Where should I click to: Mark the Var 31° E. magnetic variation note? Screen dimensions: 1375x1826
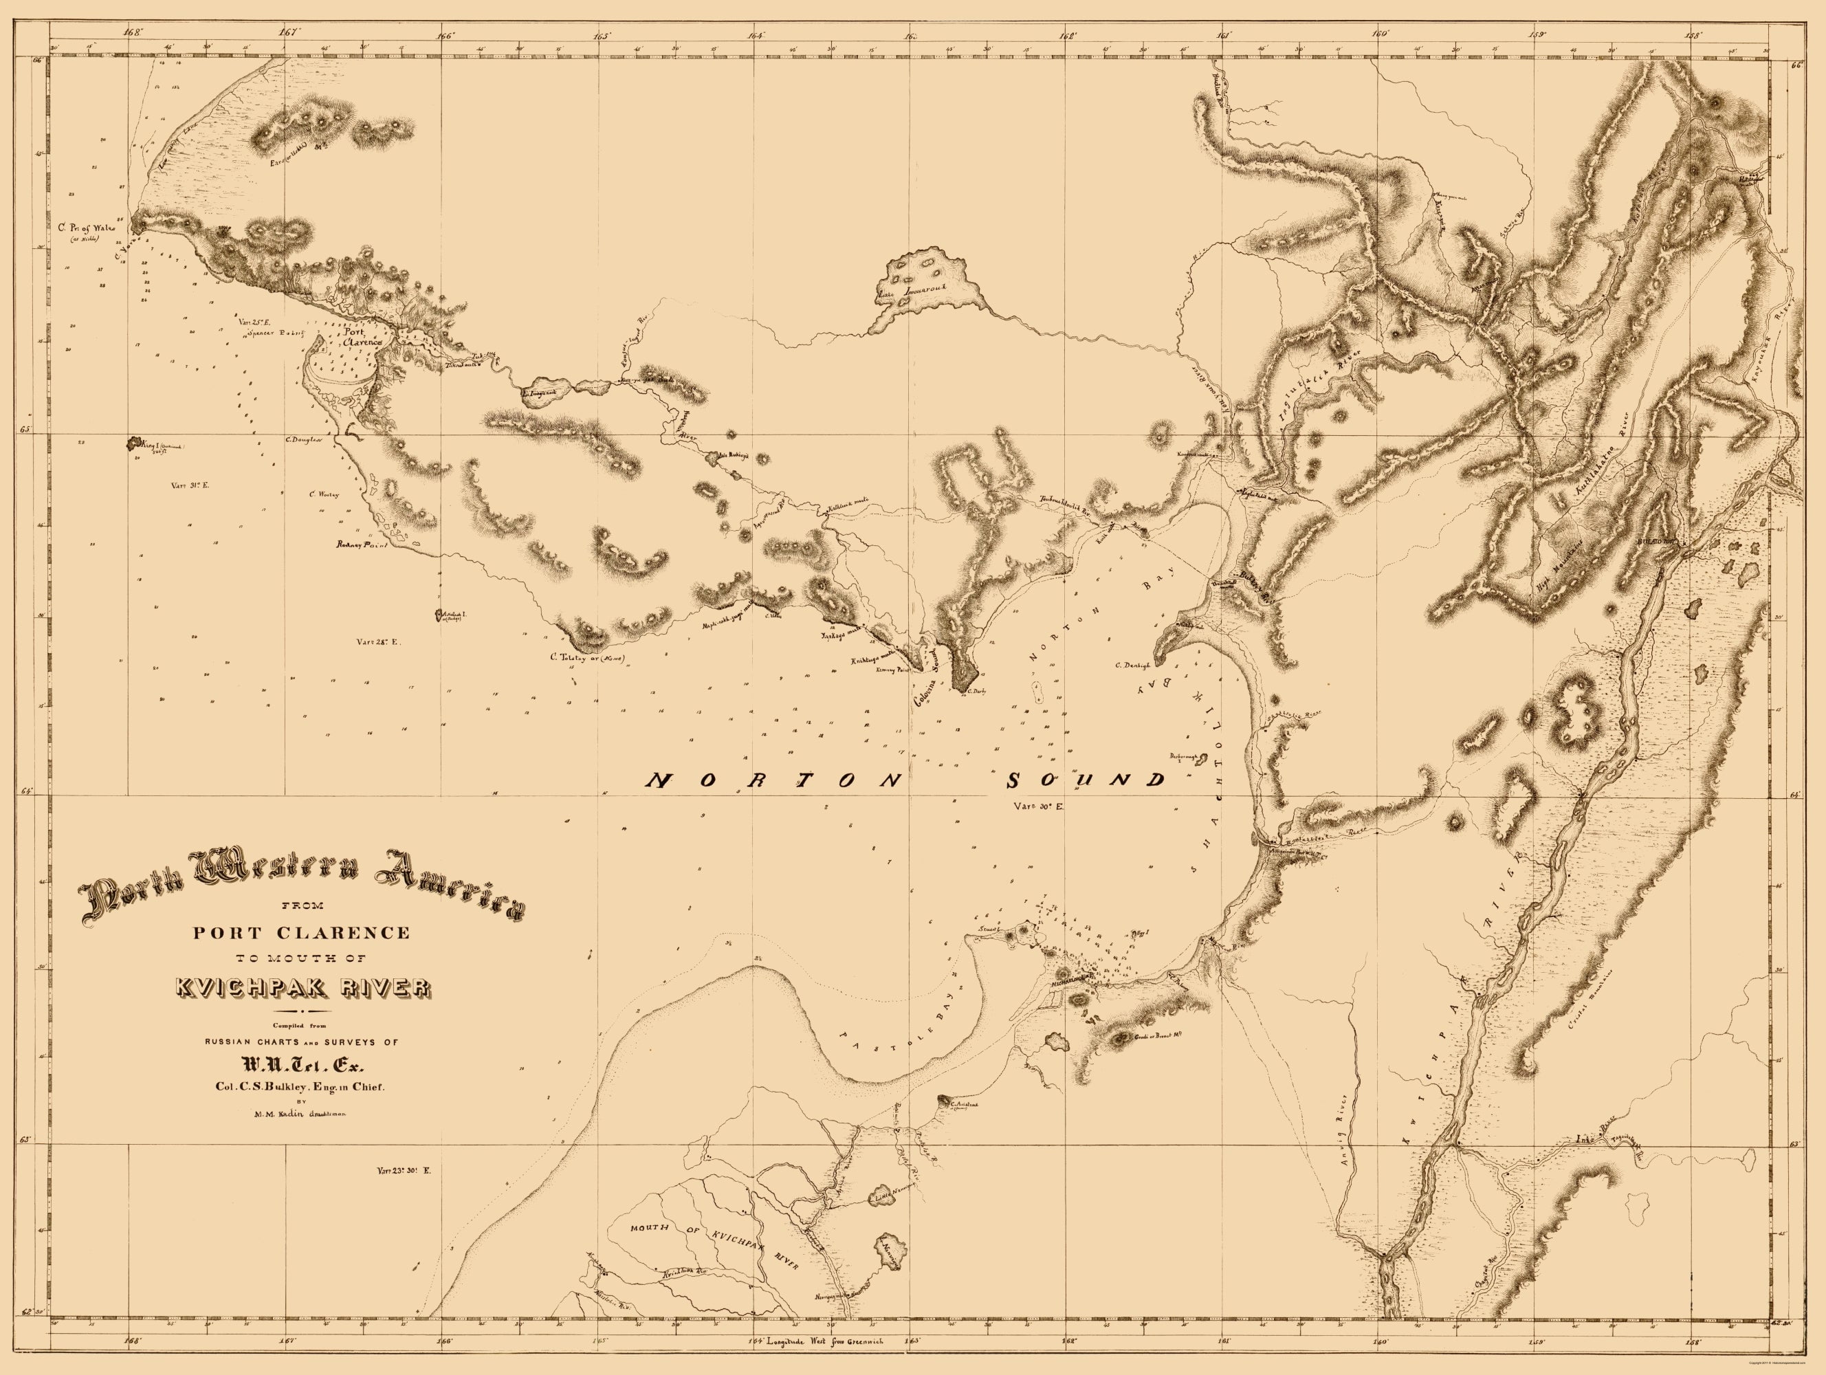(190, 485)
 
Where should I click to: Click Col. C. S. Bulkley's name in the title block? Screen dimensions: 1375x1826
(301, 1086)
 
